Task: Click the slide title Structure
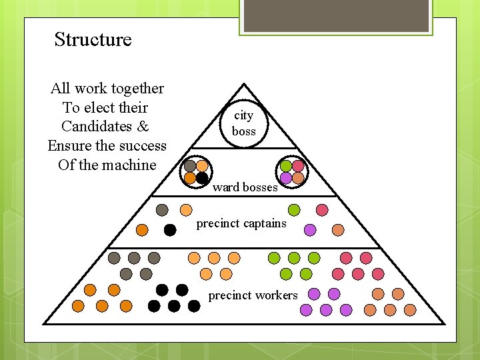pos(93,39)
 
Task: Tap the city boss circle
pos(244,123)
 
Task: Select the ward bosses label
pos(245,187)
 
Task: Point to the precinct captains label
pos(241,223)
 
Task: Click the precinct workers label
pos(253,295)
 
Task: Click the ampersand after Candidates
pos(144,127)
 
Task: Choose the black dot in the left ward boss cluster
pos(202,178)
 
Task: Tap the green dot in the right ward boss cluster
pos(286,165)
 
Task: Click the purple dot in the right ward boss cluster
pos(286,178)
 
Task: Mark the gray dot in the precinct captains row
pos(162,210)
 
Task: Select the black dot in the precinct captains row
pos(170,230)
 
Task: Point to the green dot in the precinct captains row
pos(294,210)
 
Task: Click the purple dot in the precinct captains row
pos(310,230)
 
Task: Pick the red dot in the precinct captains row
pos(322,210)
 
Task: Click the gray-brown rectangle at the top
pos(335,16)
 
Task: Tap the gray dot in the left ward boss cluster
pos(190,165)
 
